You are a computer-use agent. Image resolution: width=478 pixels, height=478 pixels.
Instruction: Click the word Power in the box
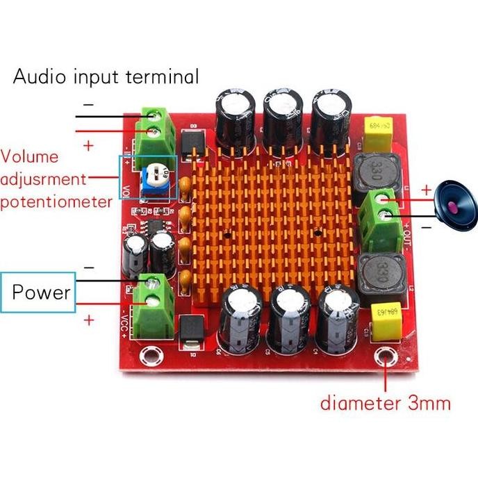42,292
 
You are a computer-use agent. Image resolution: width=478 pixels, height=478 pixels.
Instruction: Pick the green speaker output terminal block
380,211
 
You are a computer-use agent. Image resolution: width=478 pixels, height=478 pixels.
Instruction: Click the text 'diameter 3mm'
386,403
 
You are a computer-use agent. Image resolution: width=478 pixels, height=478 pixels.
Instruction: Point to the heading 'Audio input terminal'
106,76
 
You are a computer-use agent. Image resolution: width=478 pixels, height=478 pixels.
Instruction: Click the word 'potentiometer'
56,201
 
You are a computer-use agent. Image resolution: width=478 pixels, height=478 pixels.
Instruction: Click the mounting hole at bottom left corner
147,358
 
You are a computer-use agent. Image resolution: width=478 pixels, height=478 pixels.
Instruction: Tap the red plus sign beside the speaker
426,189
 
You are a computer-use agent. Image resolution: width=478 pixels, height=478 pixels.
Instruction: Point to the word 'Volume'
30,157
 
